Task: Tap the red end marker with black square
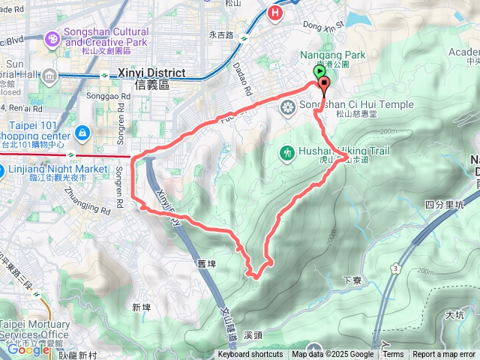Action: [x=324, y=82]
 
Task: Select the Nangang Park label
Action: [x=332, y=55]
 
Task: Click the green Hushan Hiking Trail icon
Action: [x=286, y=154]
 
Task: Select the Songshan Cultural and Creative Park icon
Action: [x=52, y=37]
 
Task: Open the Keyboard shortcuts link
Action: [x=250, y=355]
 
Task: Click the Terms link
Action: [x=393, y=355]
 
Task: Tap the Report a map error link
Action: [x=444, y=355]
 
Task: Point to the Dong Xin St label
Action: [x=323, y=25]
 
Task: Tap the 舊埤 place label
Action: [x=206, y=263]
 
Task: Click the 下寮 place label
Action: [x=352, y=280]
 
